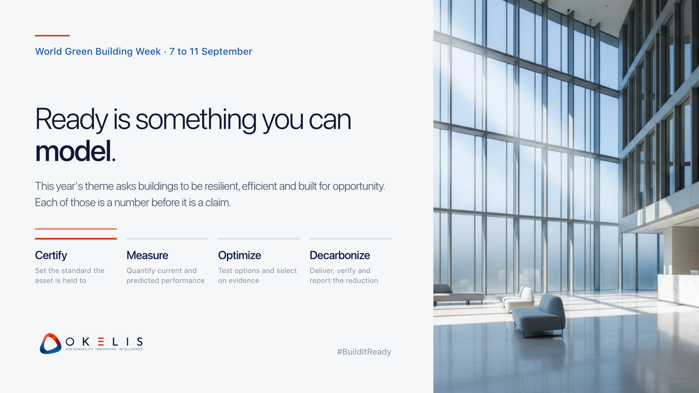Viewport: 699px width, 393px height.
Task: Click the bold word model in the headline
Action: [x=73, y=151]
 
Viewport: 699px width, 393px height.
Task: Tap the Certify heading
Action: [x=51, y=256]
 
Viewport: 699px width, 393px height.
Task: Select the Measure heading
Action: [x=147, y=256]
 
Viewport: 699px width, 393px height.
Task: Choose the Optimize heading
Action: [x=239, y=256]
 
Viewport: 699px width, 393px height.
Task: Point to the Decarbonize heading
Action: [x=340, y=256]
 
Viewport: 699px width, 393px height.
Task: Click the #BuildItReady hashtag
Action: [x=364, y=352]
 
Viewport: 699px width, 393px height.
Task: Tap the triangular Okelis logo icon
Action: [x=50, y=344]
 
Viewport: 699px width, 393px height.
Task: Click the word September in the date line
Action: [x=227, y=51]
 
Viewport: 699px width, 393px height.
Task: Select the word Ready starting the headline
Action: [x=72, y=120]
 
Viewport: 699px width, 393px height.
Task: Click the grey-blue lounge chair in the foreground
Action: [x=539, y=316]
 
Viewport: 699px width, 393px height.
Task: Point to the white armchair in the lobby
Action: [x=518, y=299]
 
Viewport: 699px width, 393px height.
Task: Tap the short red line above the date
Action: [x=52, y=36]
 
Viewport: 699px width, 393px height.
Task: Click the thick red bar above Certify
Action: [x=76, y=239]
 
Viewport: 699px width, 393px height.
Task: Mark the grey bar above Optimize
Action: [x=259, y=239]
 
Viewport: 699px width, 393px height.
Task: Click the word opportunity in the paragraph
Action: [x=359, y=186]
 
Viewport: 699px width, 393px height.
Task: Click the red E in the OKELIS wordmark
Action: [x=101, y=342]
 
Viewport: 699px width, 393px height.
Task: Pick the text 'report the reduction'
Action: [x=344, y=281]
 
